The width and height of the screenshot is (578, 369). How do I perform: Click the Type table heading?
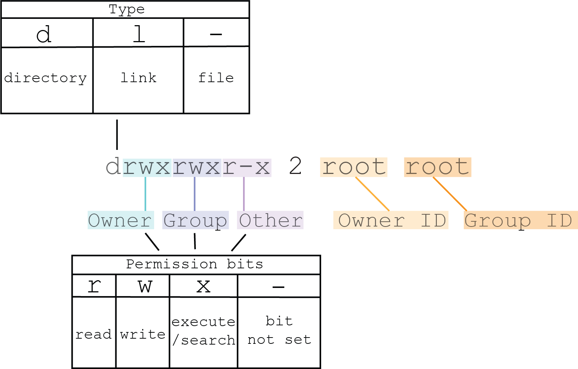(x=126, y=9)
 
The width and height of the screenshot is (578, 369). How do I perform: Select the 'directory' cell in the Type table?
(x=46, y=78)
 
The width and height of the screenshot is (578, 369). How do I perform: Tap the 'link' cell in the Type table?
(x=138, y=78)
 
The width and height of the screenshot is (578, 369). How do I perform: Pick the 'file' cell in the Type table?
(x=216, y=78)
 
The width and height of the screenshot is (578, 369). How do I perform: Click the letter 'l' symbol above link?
(x=139, y=34)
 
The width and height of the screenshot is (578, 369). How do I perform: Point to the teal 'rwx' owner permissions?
(x=147, y=167)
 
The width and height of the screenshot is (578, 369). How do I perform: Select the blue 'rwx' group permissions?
(x=197, y=167)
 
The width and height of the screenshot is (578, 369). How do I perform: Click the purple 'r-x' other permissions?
(x=246, y=167)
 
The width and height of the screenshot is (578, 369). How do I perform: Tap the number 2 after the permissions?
(x=295, y=166)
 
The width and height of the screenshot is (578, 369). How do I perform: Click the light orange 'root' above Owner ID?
(x=354, y=167)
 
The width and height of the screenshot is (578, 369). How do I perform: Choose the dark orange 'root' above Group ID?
(x=438, y=167)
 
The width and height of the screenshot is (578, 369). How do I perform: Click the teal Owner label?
(x=120, y=220)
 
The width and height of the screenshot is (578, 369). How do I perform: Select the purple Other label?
(x=270, y=220)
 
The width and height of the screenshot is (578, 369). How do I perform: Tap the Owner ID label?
(x=391, y=220)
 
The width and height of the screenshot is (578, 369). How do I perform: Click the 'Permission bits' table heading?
(x=194, y=264)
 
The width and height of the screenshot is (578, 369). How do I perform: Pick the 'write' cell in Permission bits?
(x=143, y=334)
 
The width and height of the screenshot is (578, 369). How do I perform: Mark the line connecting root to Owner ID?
(x=373, y=194)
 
